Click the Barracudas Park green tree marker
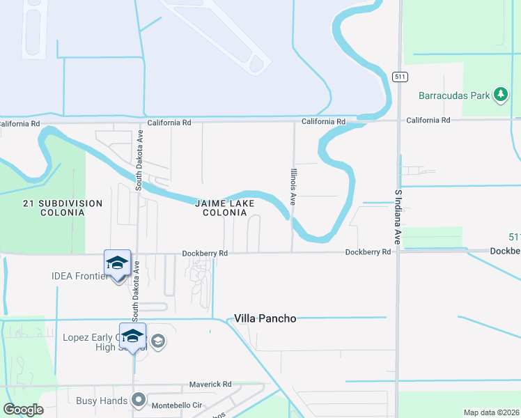coord(500,95)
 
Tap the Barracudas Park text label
coord(454,95)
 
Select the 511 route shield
coord(399,76)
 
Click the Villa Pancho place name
coord(265,318)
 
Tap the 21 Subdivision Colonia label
coord(62,208)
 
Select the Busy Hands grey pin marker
coord(139,401)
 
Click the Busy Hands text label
coord(103,401)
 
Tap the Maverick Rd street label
coord(210,385)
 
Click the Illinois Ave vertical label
coord(294,185)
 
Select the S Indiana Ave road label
coord(398,217)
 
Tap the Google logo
coord(23,410)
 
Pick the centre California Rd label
coord(323,121)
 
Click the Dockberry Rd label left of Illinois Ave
coord(205,254)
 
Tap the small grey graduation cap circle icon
coord(158,341)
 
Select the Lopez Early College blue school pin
coord(132,337)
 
